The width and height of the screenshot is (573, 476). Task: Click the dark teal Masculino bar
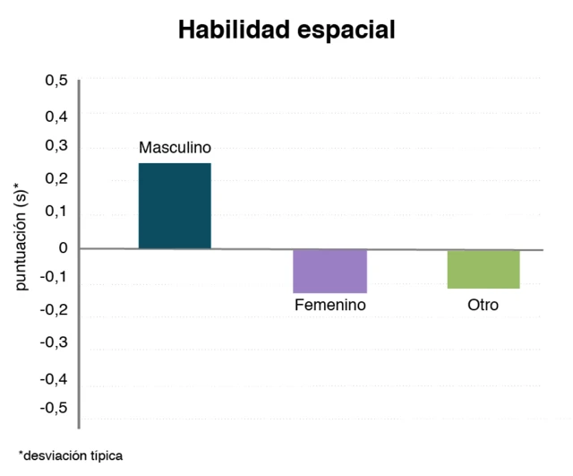click(175, 205)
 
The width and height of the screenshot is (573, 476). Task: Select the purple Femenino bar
click(330, 271)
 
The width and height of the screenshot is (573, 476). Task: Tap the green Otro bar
click(483, 269)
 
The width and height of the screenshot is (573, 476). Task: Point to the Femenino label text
click(330, 305)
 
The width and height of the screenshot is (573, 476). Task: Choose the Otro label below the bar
click(483, 305)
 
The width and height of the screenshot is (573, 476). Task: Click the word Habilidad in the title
click(230, 30)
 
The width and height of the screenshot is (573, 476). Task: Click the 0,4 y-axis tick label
click(56, 116)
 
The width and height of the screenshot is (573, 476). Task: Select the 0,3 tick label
click(56, 146)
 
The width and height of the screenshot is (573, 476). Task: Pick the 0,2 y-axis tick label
click(56, 179)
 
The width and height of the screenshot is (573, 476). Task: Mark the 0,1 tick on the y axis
click(56, 212)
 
